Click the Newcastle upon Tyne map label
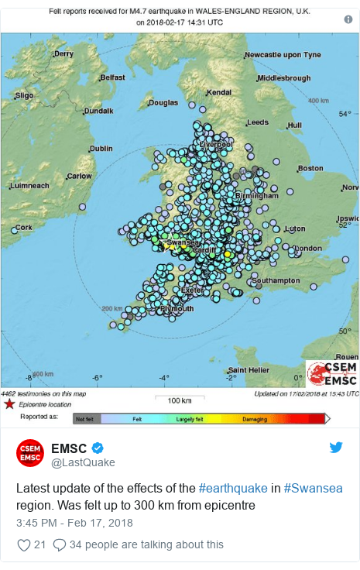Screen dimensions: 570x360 (x=282, y=55)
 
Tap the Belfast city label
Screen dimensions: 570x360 (x=111, y=77)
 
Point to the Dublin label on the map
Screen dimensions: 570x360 (x=101, y=148)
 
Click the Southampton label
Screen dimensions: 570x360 (x=276, y=280)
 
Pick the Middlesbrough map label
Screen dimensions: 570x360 (x=283, y=78)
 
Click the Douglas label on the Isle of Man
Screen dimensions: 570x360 (x=163, y=102)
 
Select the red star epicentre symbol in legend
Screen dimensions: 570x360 (x=9, y=404)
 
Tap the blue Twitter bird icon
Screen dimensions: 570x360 (x=336, y=448)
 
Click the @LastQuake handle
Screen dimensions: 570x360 (x=83, y=462)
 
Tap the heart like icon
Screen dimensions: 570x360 (x=23, y=544)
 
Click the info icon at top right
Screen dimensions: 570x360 (x=348, y=19)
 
